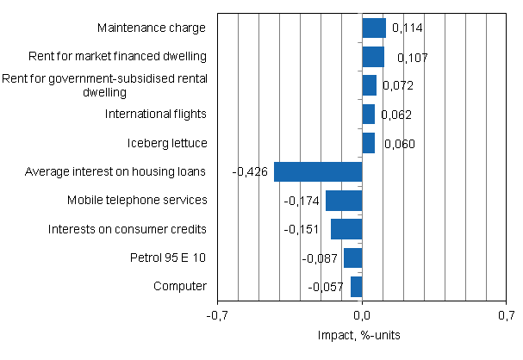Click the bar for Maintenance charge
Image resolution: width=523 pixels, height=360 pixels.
[374, 28]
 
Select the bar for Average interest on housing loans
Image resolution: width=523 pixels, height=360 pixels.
[318, 171]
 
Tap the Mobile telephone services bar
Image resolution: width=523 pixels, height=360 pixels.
[344, 201]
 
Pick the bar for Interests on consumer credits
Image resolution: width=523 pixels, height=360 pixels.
[346, 229]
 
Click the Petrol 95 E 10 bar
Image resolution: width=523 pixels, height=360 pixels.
[353, 258]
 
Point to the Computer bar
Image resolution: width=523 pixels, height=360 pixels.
[357, 286]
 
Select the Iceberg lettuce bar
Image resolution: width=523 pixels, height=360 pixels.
[369, 143]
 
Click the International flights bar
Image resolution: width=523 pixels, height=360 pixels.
[369, 115]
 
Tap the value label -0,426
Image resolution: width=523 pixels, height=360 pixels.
[250, 171]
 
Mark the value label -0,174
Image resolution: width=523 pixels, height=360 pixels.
[302, 201]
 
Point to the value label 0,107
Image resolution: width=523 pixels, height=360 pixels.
[412, 58]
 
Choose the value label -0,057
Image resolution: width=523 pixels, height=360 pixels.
[326, 287]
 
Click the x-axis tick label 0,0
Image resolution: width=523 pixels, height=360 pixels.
[362, 316]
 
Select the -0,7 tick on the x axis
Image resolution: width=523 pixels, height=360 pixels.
[218, 316]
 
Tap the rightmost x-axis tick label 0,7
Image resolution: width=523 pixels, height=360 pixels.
[505, 316]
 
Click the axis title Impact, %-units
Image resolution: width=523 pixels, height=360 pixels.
[362, 334]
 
